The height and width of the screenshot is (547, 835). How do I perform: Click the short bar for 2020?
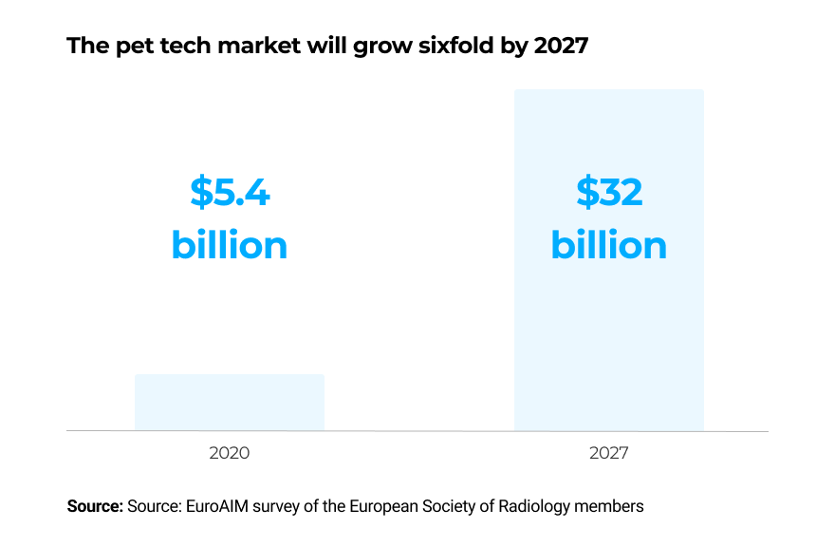click(x=229, y=402)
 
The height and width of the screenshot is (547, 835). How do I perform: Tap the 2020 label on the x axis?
click(x=229, y=453)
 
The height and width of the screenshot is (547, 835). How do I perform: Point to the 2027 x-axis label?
click(x=608, y=453)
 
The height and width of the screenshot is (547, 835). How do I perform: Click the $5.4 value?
click(x=230, y=193)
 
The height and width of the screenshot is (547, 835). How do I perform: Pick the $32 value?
click(x=609, y=193)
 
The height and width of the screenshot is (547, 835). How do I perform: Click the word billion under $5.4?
click(x=230, y=245)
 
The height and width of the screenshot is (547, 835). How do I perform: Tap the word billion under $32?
click(x=609, y=245)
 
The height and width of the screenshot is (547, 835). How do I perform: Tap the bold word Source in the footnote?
click(x=95, y=506)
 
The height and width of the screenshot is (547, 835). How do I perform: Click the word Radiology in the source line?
click(x=534, y=506)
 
